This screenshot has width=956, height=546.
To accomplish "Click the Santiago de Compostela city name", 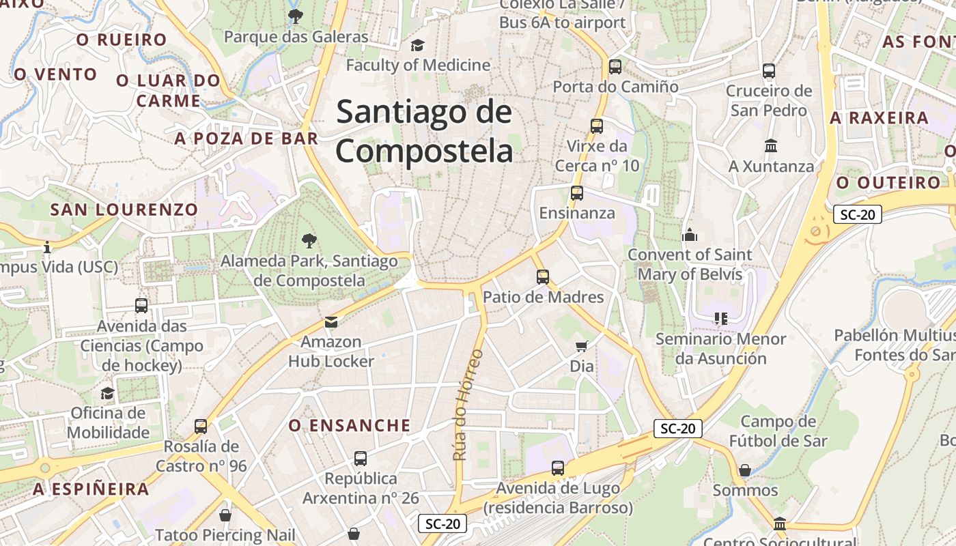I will coord(424,130).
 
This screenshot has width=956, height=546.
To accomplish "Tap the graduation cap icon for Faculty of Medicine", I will coord(417,45).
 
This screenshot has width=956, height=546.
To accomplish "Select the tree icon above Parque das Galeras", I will coord(295,16).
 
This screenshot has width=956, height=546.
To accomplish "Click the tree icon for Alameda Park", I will coord(309,240).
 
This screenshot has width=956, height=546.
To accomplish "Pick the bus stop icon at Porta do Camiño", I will coord(615,67).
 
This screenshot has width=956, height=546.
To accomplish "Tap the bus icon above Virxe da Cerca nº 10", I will coord(597,126).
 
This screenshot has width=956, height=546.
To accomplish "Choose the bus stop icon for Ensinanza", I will coord(577,193).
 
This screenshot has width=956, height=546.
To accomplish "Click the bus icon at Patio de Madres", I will coord(543,277).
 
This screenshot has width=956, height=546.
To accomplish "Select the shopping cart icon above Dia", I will coord(582,346).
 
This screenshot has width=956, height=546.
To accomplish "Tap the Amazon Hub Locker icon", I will coord(331,321).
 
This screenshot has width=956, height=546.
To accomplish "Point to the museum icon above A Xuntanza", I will coord(772,146).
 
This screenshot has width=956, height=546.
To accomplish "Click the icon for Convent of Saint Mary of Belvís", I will coord(690,235).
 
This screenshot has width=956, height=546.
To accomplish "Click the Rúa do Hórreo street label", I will coord(468,405).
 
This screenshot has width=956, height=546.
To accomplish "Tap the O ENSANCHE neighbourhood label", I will coord(350,426).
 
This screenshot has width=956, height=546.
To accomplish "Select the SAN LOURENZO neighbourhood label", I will coord(124,210).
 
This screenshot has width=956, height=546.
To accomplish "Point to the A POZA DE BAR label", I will coord(247,139).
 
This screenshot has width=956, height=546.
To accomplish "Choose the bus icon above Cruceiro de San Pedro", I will coord(769,70).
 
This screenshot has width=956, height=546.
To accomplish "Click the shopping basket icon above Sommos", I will coord(745,470).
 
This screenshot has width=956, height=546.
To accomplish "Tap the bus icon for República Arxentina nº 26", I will coord(361,459).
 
